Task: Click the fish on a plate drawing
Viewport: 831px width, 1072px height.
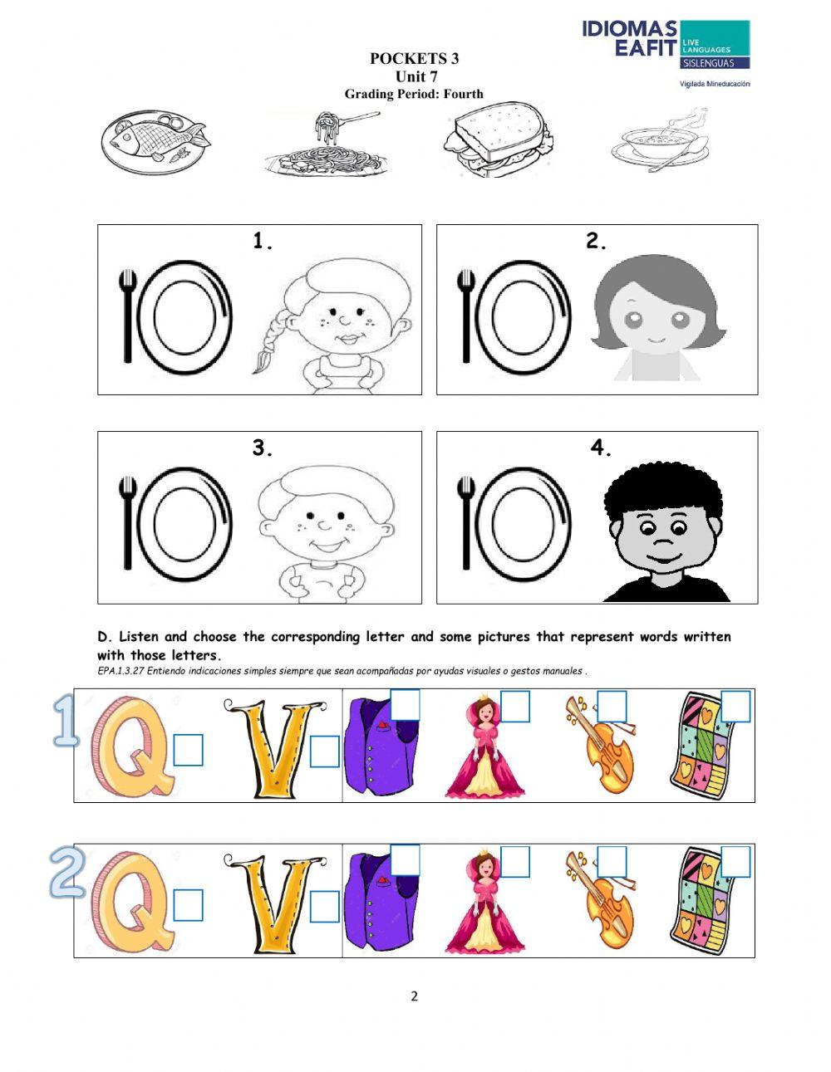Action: coord(155,140)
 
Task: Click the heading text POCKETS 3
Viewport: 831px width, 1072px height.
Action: coord(414,58)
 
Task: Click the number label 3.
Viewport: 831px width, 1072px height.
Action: coord(263,448)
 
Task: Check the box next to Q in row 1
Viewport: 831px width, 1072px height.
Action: coord(189,751)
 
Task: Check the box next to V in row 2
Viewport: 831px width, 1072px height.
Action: coord(324,907)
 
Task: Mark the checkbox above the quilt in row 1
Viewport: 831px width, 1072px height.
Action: coord(735,706)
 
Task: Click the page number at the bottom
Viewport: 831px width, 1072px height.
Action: coord(414,996)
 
